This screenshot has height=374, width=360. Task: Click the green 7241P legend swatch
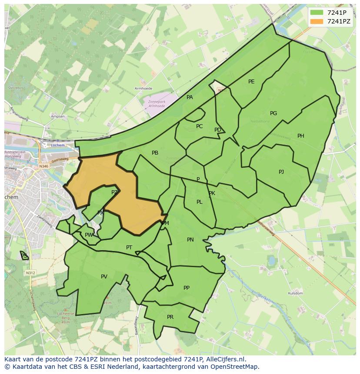click(x=317, y=13)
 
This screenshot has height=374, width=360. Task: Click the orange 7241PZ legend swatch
click(x=317, y=21)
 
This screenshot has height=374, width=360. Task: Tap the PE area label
click(x=251, y=82)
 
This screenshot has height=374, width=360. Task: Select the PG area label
click(x=273, y=113)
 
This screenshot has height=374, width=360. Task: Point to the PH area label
click(x=301, y=136)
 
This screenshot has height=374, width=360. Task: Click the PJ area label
click(x=281, y=172)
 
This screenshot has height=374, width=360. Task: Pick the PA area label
click(x=190, y=97)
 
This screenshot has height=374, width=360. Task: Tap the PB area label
click(x=155, y=153)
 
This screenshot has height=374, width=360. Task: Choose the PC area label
click(x=199, y=126)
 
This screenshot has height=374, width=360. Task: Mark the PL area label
click(x=199, y=202)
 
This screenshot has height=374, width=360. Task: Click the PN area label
click(x=190, y=240)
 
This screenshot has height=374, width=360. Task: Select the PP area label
click(x=187, y=288)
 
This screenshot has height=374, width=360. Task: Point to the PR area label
click(x=170, y=317)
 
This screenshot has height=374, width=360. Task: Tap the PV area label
click(x=104, y=277)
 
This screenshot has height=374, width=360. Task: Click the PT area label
click(x=129, y=248)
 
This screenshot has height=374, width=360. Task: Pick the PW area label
click(x=89, y=235)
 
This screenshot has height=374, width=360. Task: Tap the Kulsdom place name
click(x=295, y=294)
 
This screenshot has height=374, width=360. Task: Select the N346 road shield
click(x=43, y=166)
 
